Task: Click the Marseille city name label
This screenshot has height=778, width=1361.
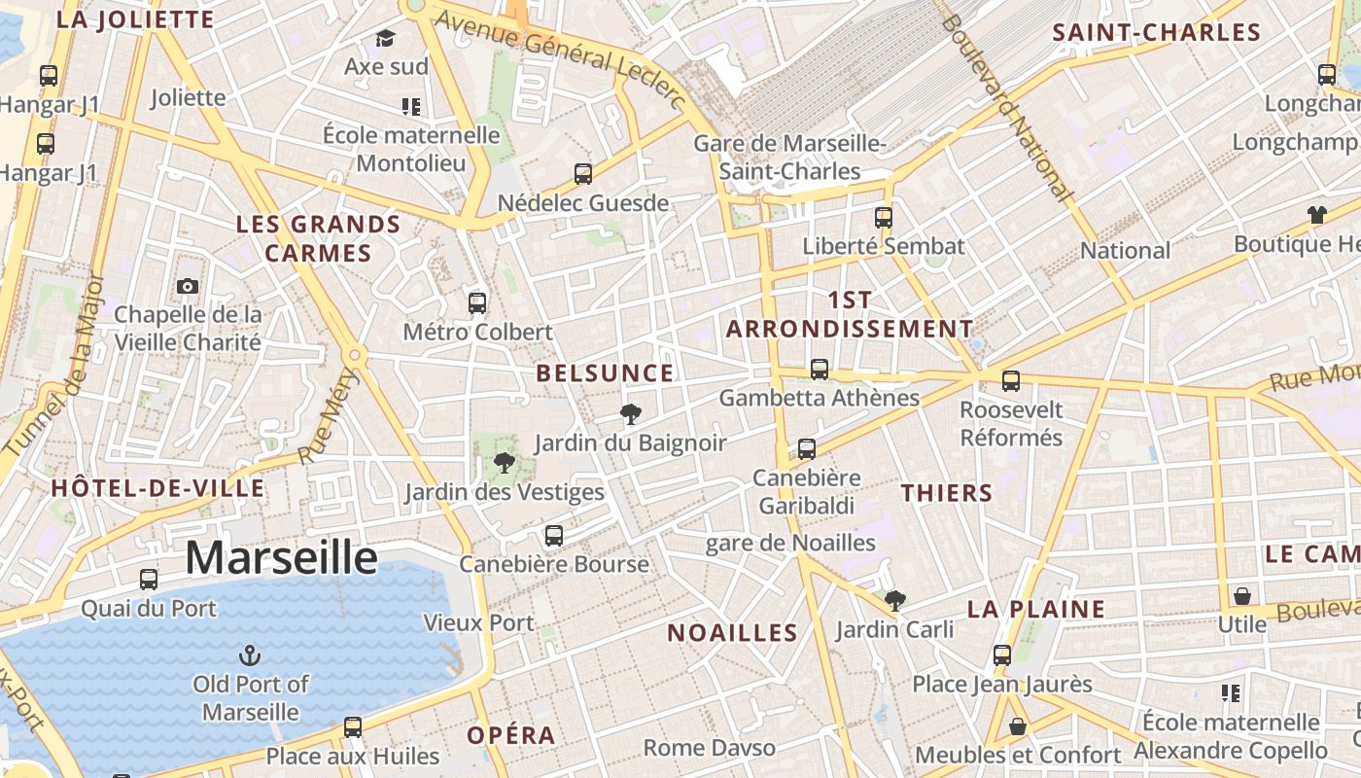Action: pyautogui.click(x=281, y=557)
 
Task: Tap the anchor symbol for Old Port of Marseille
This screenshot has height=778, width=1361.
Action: pyautogui.click(x=250, y=655)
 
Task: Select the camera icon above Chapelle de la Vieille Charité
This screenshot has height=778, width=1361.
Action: pyautogui.click(x=188, y=286)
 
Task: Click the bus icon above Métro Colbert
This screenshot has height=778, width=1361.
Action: pyautogui.click(x=476, y=302)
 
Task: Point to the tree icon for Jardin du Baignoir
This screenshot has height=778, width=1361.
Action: pyautogui.click(x=630, y=414)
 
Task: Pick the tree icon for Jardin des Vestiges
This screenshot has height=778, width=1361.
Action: pyautogui.click(x=504, y=462)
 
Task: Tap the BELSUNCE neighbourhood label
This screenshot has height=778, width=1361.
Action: pyautogui.click(x=605, y=373)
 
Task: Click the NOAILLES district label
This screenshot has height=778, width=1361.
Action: pyautogui.click(x=732, y=633)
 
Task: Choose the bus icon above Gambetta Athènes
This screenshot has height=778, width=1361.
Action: pyautogui.click(x=820, y=369)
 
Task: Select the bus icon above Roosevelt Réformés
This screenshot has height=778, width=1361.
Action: pyautogui.click(x=1011, y=380)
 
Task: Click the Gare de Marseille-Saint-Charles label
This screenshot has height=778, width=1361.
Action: pyautogui.click(x=789, y=158)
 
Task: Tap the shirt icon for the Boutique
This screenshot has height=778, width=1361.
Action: pyautogui.click(x=1317, y=215)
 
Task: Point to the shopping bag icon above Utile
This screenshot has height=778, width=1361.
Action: pyautogui.click(x=1241, y=595)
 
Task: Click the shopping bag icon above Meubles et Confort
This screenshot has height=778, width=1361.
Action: pyautogui.click(x=1017, y=726)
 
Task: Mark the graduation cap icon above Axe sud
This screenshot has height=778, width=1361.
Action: pyautogui.click(x=386, y=39)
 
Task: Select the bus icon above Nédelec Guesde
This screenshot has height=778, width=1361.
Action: pyautogui.click(x=582, y=174)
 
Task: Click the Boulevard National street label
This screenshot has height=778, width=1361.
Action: pyautogui.click(x=1011, y=107)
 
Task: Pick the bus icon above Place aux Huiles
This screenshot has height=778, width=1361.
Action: pyautogui.click(x=352, y=726)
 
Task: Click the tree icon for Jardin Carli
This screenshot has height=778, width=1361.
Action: pyautogui.click(x=894, y=601)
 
